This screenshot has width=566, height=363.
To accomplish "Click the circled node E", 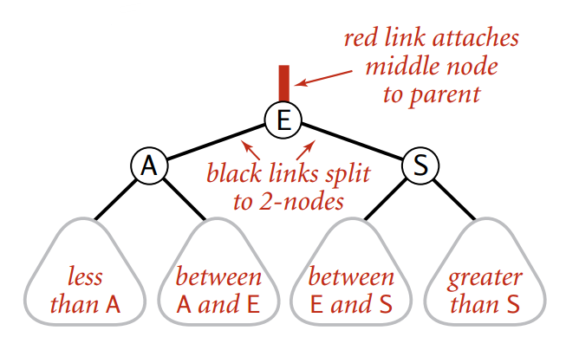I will (283, 119).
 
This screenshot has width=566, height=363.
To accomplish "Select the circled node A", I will (148, 165).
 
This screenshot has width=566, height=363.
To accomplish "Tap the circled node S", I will (420, 165).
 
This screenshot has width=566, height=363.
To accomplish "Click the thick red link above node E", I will (283, 83).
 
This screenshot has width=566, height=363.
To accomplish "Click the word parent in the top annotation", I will (431, 94).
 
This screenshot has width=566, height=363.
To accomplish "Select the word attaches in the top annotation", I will (478, 40).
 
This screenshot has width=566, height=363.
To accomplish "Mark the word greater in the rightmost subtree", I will (485, 278).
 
